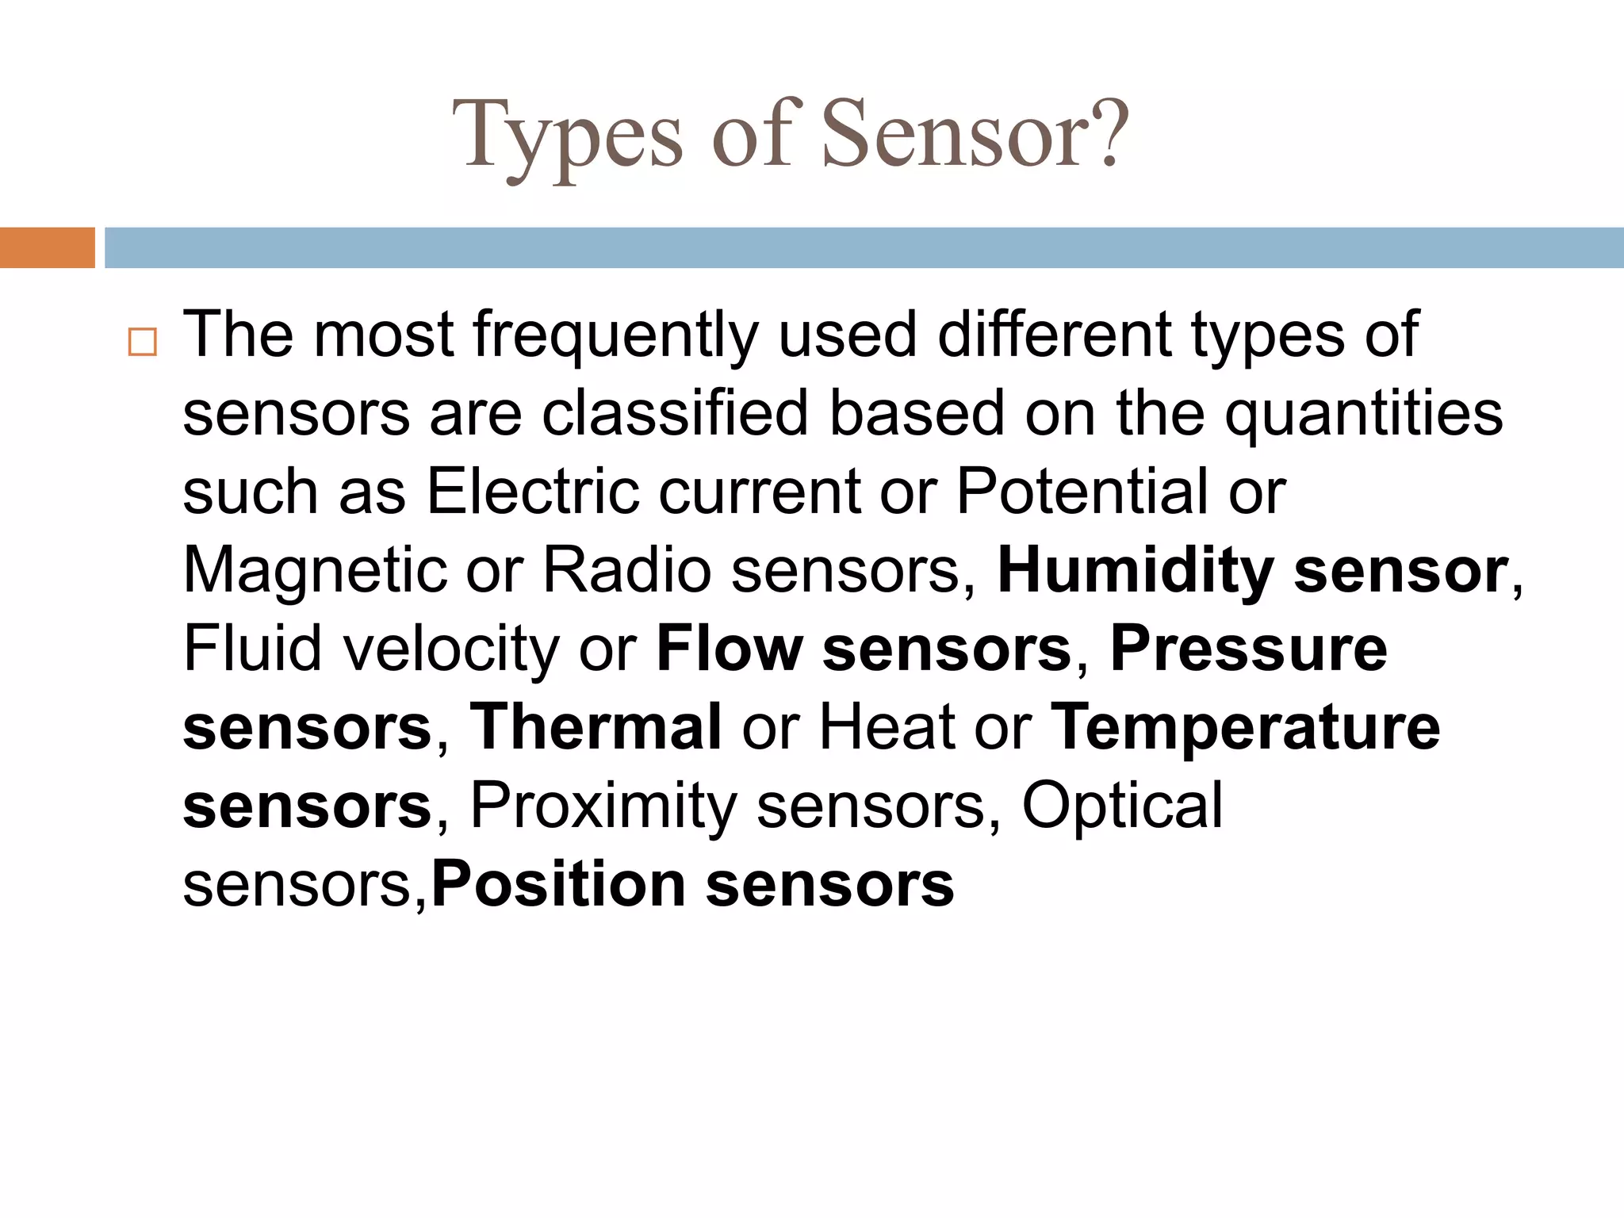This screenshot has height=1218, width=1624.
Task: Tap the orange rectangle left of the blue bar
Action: pos(47,247)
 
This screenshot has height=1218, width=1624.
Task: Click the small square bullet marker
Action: pos(142,342)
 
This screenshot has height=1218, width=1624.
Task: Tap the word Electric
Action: pos(532,492)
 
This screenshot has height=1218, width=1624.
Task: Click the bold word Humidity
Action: pos(1135,572)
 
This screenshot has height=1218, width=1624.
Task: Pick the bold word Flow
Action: pos(730,649)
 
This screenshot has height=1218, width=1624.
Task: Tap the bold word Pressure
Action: pos(1248,649)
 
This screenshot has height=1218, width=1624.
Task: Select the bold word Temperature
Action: pos(1244,728)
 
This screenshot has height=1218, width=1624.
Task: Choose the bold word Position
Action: pos(558,885)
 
